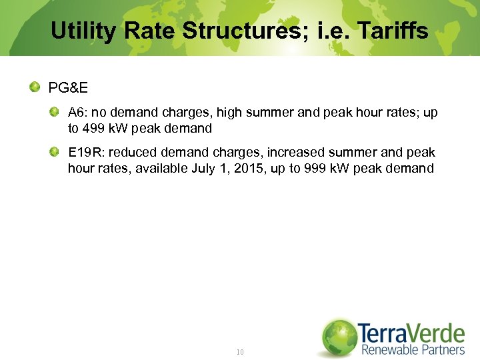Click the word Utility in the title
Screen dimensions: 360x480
(81, 31)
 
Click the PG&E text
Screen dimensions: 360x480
(69, 88)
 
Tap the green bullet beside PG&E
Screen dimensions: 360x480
(34, 87)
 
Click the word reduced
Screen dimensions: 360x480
(131, 153)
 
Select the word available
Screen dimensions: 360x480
(162, 168)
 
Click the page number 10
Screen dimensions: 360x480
(240, 351)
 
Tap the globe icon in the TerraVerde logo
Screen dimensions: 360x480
(339, 337)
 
